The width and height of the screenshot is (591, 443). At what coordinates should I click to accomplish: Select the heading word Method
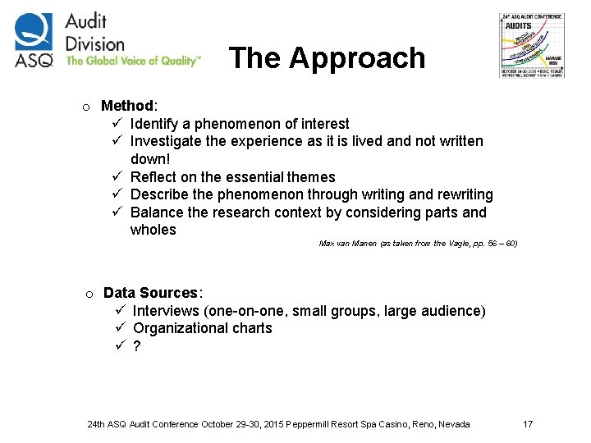pyautogui.click(x=127, y=106)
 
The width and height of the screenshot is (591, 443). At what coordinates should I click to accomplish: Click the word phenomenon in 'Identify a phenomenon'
pyautogui.click(x=236, y=124)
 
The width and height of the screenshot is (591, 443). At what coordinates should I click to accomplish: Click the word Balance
pyautogui.click(x=157, y=212)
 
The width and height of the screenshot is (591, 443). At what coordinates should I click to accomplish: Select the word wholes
pyautogui.click(x=153, y=230)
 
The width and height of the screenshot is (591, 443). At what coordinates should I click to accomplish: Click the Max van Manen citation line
pyautogui.click(x=418, y=244)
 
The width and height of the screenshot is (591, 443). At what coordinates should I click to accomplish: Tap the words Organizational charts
pyautogui.click(x=202, y=328)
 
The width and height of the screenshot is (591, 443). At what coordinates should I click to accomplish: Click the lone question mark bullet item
pyautogui.click(x=136, y=346)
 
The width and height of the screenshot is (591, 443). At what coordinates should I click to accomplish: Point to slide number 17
pyautogui.click(x=528, y=424)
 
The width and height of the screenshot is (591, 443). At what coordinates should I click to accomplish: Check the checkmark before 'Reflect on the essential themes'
pyautogui.click(x=117, y=177)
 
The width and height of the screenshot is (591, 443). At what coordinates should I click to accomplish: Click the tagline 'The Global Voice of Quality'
pyautogui.click(x=132, y=61)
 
